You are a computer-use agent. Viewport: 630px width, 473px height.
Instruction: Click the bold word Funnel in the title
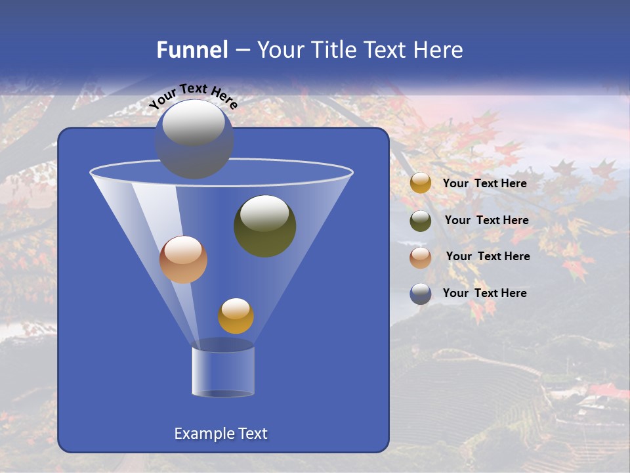[x=192, y=50]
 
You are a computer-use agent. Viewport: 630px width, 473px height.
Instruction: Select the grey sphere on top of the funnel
[x=194, y=139]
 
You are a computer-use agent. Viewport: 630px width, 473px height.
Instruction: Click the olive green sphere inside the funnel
[x=265, y=226]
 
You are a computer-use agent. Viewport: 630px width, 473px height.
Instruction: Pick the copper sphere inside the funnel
[x=183, y=259]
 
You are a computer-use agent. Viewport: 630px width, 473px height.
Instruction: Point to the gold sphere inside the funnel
[x=236, y=315]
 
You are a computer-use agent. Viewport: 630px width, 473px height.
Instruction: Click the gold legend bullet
[x=421, y=183]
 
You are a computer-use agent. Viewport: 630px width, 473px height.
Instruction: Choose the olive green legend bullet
[x=421, y=221]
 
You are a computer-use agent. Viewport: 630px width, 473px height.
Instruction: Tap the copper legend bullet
[x=421, y=258]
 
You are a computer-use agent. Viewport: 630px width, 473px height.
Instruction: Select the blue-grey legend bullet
[x=421, y=294]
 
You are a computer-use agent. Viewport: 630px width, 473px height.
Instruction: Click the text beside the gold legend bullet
[x=484, y=183]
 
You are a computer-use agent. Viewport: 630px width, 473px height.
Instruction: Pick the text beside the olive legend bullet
[x=486, y=220]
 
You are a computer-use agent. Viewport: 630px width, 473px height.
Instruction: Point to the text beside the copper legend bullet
[x=488, y=256]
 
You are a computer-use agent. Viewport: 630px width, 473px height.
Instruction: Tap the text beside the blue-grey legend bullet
[x=484, y=293]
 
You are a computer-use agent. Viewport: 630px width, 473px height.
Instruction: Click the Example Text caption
[x=220, y=434]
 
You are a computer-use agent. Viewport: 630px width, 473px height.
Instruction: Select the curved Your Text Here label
[x=193, y=96]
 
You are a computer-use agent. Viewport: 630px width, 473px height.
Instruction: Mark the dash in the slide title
[x=241, y=51]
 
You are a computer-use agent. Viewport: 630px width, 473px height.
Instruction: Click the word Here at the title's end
[x=439, y=50]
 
